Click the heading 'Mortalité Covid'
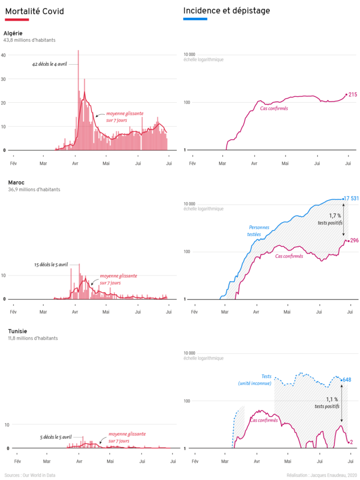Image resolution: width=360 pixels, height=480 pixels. point(34,11)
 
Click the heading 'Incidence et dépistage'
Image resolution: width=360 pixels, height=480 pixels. point(226,11)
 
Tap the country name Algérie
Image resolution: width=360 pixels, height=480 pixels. point(13,33)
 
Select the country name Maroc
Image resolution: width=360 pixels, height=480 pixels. point(16,183)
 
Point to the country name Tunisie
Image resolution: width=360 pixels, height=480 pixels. point(17,331)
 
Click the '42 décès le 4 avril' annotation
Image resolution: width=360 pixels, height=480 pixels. point(50,64)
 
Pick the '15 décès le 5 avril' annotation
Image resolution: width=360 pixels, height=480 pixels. point(51,265)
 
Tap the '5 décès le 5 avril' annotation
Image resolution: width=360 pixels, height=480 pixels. point(56,437)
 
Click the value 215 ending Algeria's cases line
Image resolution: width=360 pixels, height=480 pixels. point(353,94)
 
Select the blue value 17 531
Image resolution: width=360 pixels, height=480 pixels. point(351,198)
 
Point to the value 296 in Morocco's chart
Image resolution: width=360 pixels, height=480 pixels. point(354,241)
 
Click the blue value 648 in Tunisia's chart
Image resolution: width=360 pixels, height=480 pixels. point(347,380)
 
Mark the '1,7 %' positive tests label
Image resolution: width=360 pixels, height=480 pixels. point(335,216)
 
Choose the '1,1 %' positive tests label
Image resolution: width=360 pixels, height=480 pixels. point(332,400)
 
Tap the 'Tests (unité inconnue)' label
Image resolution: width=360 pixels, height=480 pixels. point(255,380)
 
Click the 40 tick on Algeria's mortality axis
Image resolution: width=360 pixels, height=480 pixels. point(3,55)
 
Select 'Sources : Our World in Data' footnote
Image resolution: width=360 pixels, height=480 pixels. point(30,475)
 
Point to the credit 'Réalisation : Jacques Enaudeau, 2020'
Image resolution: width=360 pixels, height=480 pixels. point(321,475)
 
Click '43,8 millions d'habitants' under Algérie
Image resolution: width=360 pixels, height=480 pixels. point(29,40)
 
